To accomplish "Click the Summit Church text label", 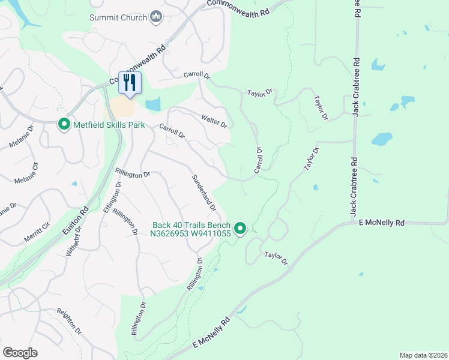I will click(118, 17).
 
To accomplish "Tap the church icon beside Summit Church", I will click(156, 17).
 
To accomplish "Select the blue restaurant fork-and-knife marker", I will click(130, 83).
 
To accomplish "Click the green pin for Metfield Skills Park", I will click(64, 125).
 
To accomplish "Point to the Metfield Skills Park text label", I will click(109, 125).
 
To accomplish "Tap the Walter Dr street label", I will click(214, 121).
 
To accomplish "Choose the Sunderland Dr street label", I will click(203, 193).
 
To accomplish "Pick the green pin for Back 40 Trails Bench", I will click(241, 228).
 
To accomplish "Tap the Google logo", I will click(20, 353).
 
